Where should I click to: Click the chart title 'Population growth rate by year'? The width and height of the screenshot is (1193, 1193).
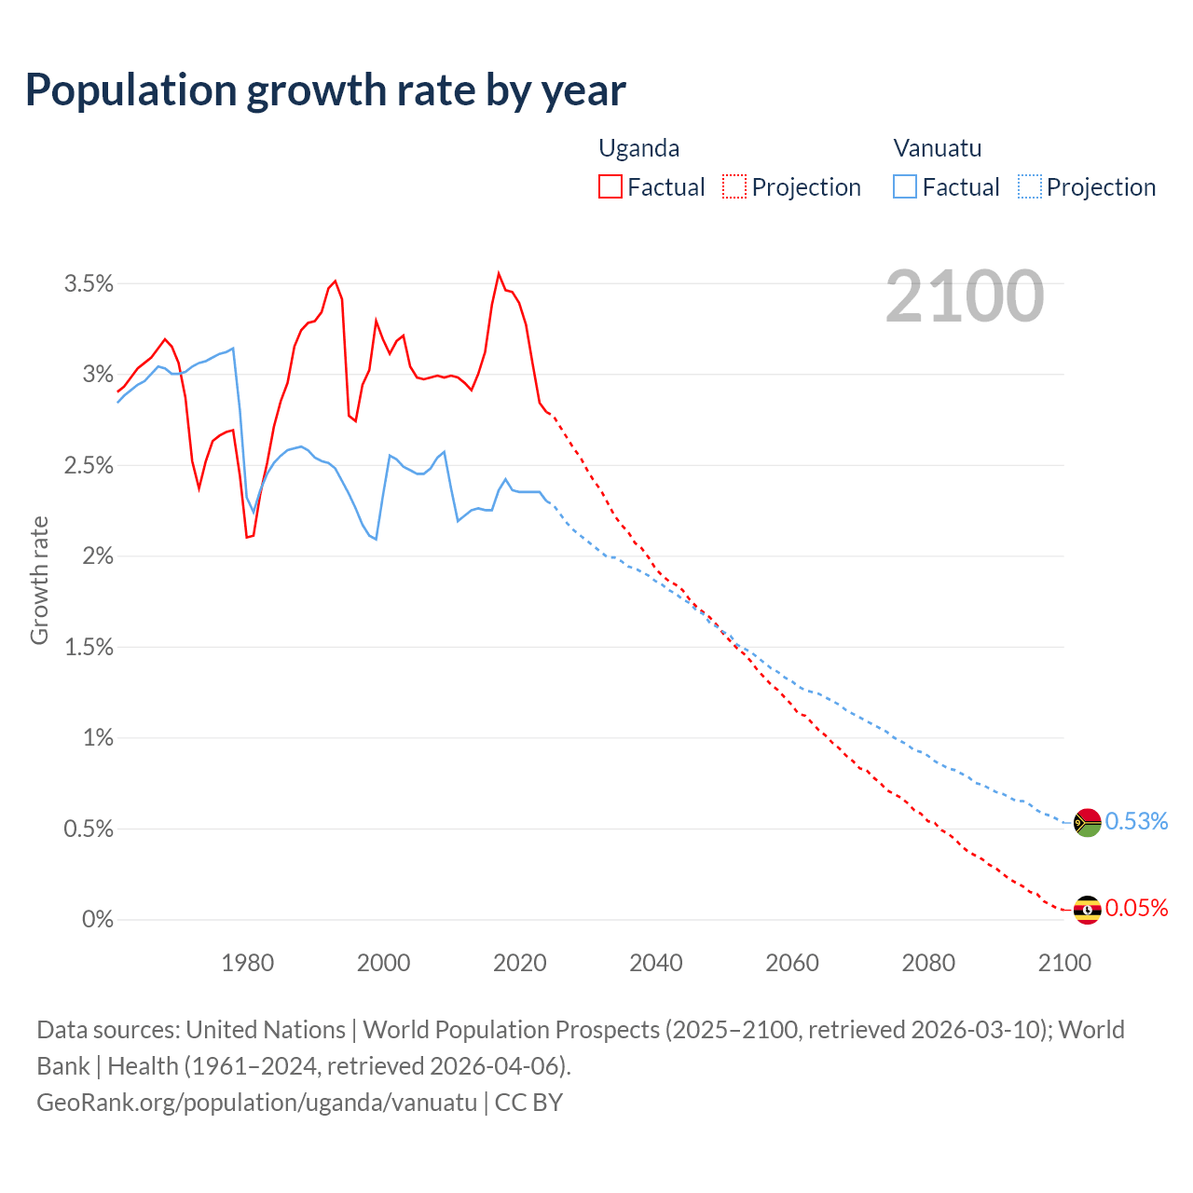coord(325,90)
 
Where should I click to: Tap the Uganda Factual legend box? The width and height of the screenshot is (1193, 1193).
coord(610,186)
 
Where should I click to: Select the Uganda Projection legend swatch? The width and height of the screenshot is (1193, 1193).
coord(734,186)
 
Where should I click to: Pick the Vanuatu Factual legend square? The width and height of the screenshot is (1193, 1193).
coord(905,186)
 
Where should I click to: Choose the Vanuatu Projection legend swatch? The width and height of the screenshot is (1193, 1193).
coord(1029,186)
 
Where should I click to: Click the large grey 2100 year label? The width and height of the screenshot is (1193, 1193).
coord(965,296)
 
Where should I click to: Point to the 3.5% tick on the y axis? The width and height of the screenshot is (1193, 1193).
coord(89,283)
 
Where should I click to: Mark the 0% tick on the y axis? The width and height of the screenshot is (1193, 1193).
coord(98,920)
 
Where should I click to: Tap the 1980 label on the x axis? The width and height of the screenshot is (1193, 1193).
coord(248,963)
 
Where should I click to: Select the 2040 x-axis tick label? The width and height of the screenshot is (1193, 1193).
coord(656,963)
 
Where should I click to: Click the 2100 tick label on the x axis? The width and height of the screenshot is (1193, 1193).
coord(1064,963)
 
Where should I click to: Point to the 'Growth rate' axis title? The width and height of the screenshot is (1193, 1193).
coord(39,580)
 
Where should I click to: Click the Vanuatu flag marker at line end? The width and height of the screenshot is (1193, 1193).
coord(1088,822)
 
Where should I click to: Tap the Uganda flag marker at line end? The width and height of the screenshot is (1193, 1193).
coord(1088,910)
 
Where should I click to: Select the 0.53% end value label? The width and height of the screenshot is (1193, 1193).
coord(1136,821)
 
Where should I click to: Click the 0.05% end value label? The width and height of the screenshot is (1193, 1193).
coord(1136,909)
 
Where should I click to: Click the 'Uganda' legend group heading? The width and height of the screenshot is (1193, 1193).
coord(638,148)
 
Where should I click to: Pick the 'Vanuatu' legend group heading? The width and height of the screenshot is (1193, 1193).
coord(938,148)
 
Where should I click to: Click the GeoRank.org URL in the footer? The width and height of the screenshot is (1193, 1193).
coord(256,1103)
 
